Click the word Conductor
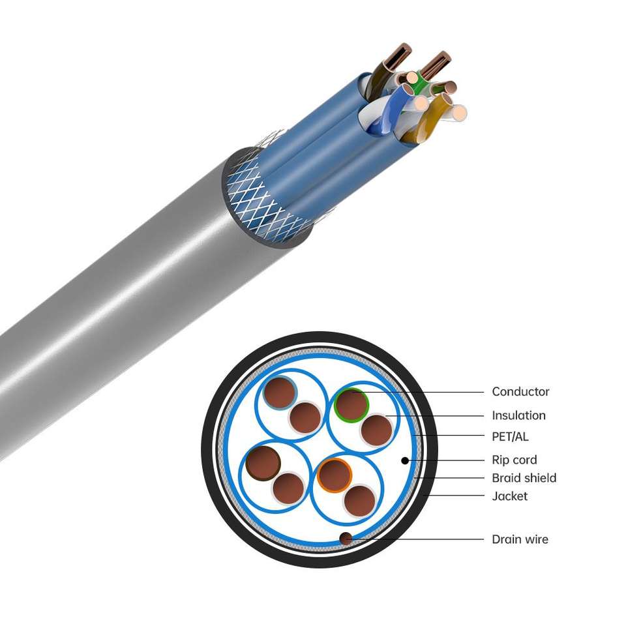(520, 392)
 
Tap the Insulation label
(518, 415)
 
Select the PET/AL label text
(510, 436)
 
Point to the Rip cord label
(514, 460)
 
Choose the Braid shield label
(524, 478)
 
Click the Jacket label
(509, 496)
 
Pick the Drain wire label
(520, 539)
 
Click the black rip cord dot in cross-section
(405, 460)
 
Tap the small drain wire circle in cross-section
(346, 538)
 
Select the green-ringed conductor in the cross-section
(351, 404)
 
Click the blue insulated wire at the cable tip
(395, 108)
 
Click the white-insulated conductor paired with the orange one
(359, 500)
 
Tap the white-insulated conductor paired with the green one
(376, 430)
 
